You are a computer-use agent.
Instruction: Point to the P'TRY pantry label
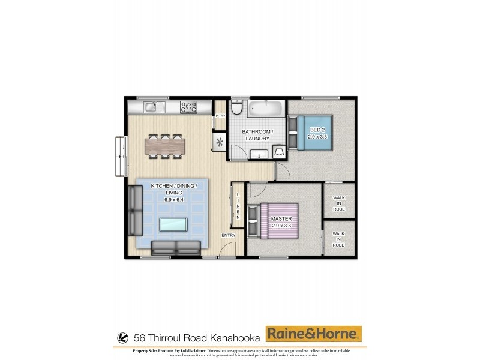click(x=220, y=116)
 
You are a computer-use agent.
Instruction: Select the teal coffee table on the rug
click(x=173, y=224)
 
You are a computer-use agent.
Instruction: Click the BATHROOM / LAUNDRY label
click(x=257, y=135)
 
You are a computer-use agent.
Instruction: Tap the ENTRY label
click(x=229, y=235)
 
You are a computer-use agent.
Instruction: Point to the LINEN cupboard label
click(x=238, y=206)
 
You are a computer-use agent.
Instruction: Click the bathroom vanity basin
click(x=260, y=155)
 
